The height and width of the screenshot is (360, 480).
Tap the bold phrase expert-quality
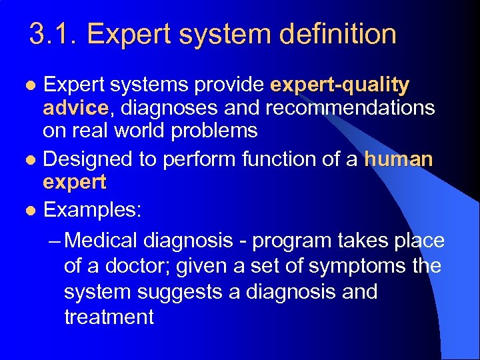[x=340, y=86]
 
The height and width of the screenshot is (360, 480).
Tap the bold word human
[x=399, y=159]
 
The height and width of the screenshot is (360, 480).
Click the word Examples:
[x=92, y=210]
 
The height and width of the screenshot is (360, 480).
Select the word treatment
[x=109, y=317]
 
